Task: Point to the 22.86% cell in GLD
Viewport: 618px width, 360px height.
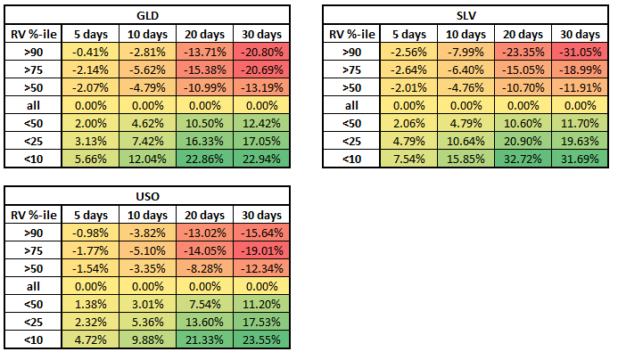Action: [x=204, y=160]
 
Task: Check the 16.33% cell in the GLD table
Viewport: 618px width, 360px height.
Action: [x=204, y=143]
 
